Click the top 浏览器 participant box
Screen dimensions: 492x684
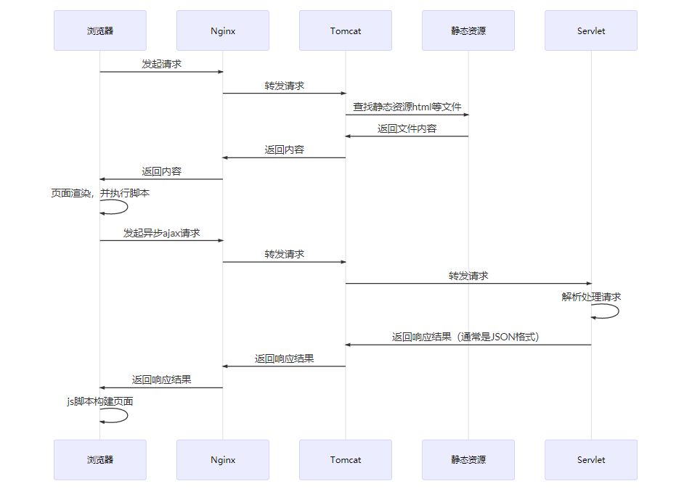pyautogui.click(x=100, y=30)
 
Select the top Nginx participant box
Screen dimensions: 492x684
pyautogui.click(x=223, y=30)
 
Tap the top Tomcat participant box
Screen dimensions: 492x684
pyautogui.click(x=346, y=30)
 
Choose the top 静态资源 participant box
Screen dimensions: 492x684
pyautogui.click(x=468, y=30)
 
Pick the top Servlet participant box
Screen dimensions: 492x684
pyautogui.click(x=591, y=30)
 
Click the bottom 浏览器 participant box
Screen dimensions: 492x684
pyautogui.click(x=100, y=459)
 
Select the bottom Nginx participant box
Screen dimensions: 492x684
pyautogui.click(x=223, y=459)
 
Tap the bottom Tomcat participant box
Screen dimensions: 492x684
pyautogui.click(x=346, y=459)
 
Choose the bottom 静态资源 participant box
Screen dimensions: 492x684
pyautogui.click(x=468, y=459)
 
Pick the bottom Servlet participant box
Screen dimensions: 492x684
pyautogui.click(x=591, y=459)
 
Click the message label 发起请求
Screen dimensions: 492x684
pyautogui.click(x=161, y=64)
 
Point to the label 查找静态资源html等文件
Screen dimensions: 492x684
pyautogui.click(x=407, y=107)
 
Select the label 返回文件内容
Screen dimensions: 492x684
pyautogui.click(x=407, y=128)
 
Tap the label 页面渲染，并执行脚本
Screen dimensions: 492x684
pyautogui.click(x=100, y=194)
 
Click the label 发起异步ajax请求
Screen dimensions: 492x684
pyautogui.click(x=161, y=233)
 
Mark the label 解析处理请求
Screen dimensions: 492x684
pyautogui.click(x=591, y=297)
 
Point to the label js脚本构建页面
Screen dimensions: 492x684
pyautogui.click(x=100, y=401)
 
